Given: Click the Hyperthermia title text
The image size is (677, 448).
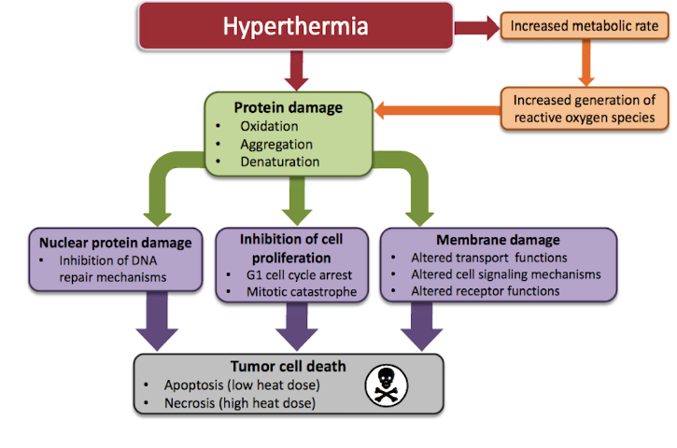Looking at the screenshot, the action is [295, 26].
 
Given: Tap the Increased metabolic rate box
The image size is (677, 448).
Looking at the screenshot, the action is [585, 26].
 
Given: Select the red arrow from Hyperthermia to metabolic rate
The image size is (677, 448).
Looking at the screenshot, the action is [476, 28].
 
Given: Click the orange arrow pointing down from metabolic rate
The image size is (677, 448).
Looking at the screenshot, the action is [585, 63].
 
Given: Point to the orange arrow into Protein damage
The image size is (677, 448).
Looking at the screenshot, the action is [437, 110].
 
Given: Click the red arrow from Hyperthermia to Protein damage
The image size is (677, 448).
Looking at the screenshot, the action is [296, 70].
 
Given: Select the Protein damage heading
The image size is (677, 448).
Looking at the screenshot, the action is [288, 107].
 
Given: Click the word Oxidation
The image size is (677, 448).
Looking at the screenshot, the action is [269, 126].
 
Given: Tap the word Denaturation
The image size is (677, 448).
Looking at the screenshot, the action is [280, 161].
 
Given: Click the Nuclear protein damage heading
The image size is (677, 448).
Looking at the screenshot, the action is [115, 243].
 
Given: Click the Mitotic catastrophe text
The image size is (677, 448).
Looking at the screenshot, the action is [302, 292].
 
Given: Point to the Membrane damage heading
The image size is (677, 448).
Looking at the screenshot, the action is [498, 240].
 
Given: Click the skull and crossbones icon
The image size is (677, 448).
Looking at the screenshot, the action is [386, 385].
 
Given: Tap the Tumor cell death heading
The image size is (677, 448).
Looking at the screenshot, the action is [288, 367].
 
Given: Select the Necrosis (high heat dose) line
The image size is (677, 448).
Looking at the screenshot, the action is [240, 403].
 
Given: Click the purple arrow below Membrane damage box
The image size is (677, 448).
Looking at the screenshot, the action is [421, 327].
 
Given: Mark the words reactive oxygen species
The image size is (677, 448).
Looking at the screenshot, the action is [585, 118].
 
